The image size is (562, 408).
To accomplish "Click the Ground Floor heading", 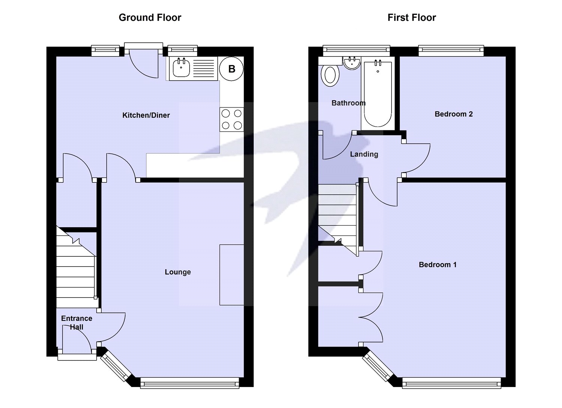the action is tap(150, 18).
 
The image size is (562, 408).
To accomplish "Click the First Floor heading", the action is tap(411, 18).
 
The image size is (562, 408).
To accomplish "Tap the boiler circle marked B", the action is tap(232, 69).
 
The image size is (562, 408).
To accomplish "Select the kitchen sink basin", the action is tap(181, 68).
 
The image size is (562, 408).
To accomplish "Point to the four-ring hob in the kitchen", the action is tap(232, 119).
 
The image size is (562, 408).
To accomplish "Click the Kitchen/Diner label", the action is tap(146, 115).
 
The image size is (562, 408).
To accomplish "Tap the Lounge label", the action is tap(178, 272).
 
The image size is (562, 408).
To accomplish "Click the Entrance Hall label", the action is tap(77, 322).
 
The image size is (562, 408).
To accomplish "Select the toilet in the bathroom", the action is tap(330, 75).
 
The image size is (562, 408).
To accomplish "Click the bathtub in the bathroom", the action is tap(378, 94).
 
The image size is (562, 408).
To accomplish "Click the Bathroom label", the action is tap(348, 103).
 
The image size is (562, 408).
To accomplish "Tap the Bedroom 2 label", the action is tap(453, 114).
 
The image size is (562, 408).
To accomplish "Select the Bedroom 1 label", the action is tap(438, 265).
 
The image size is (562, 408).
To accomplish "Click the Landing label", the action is tap(364, 154).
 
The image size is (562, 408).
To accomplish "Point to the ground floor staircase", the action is tap(76, 266).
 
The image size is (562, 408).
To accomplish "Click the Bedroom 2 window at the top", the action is tap(451, 49).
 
